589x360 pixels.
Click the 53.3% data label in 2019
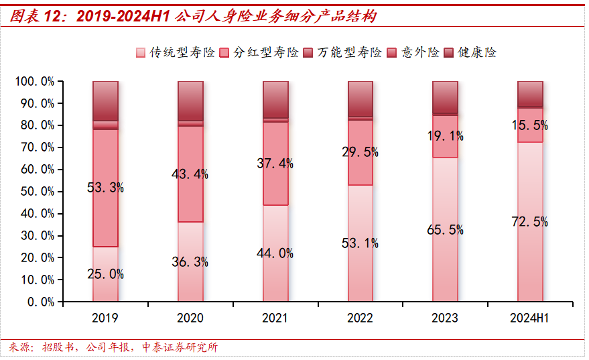tap(105, 188)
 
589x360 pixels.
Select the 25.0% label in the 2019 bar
tap(105, 274)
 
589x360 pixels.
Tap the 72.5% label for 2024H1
tap(529, 222)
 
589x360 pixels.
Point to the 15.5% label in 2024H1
tap(529, 125)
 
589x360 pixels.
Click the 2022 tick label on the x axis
tap(360, 318)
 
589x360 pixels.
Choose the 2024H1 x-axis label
tap(529, 318)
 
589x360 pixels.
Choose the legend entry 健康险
tap(476, 52)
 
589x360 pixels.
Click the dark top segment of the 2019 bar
tap(105, 101)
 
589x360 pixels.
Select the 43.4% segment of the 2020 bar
tap(190, 174)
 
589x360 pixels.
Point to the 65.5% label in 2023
tap(445, 230)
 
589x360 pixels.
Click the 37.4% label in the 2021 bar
tap(275, 163)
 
